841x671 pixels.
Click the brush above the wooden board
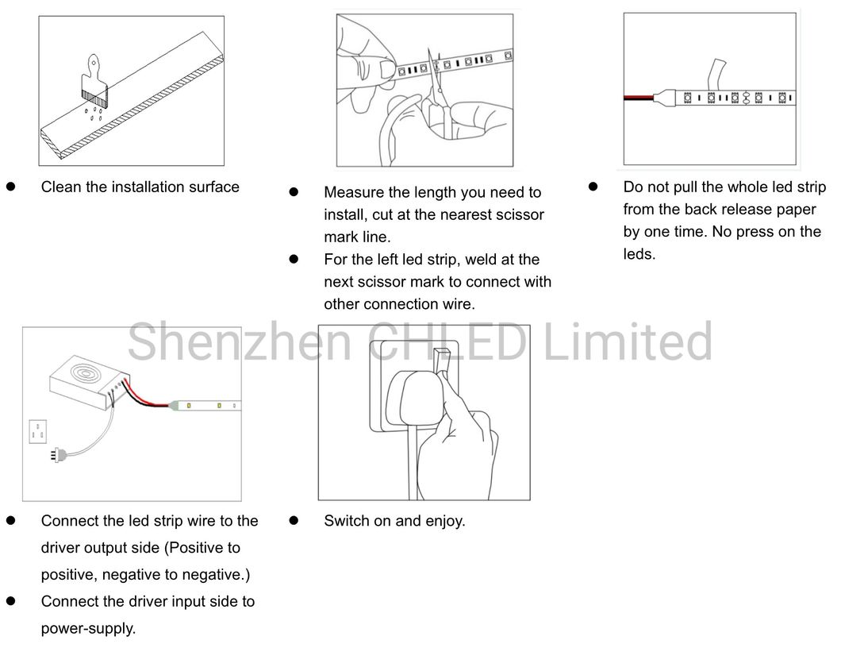[x=94, y=79]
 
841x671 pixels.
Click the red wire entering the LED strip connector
[x=638, y=98]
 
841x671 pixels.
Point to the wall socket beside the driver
[x=37, y=432]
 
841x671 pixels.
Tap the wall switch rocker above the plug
[x=442, y=362]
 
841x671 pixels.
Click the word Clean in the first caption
[x=62, y=187]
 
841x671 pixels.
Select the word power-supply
[x=89, y=629]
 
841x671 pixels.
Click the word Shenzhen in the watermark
[x=240, y=341]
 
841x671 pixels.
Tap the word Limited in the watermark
[x=628, y=341]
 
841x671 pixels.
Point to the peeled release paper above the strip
[x=717, y=75]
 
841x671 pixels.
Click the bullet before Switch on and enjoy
[x=294, y=520]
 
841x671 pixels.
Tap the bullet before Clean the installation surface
[x=11, y=187]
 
